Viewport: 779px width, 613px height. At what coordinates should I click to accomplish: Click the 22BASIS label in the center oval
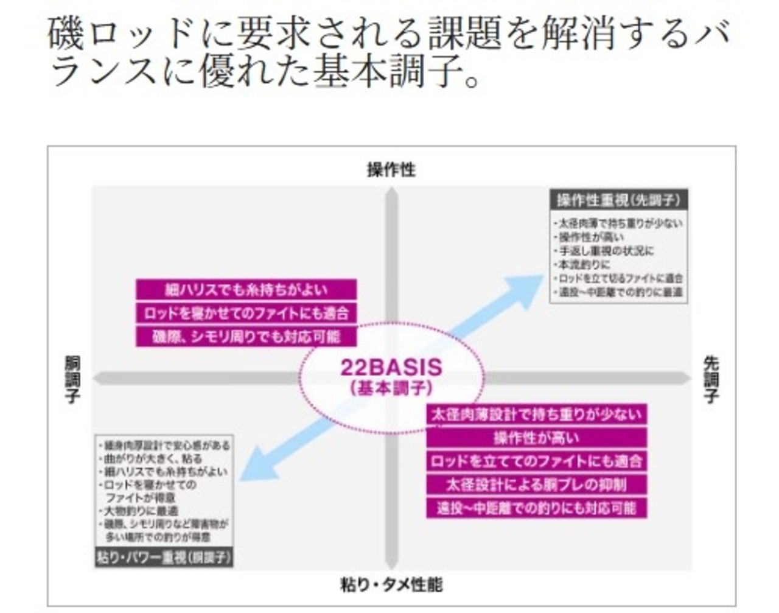click(391, 367)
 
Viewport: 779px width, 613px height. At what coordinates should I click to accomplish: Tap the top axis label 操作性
click(391, 170)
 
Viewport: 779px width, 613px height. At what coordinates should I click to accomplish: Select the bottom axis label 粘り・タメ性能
click(391, 585)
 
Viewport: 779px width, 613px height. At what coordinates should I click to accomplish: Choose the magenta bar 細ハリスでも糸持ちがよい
click(246, 290)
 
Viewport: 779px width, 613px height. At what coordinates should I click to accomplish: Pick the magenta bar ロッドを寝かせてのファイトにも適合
click(246, 314)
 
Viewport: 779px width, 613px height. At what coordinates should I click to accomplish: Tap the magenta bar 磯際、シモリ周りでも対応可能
click(246, 337)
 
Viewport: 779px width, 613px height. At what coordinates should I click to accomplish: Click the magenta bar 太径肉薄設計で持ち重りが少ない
click(536, 415)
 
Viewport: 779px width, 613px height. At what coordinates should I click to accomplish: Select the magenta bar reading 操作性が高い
click(536, 438)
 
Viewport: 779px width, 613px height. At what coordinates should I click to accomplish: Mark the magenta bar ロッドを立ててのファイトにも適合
click(536, 461)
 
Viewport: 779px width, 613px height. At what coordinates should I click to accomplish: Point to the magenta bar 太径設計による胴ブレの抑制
click(536, 485)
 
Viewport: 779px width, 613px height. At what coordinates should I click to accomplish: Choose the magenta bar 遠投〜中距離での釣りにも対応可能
click(536, 508)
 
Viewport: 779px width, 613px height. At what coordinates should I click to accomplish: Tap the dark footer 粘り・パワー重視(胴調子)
click(164, 557)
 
